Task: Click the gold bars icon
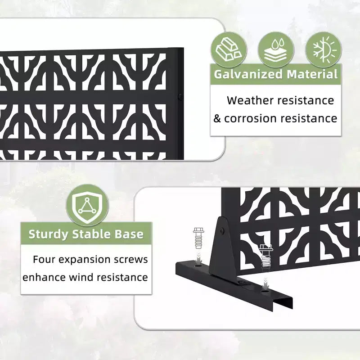coord(229,50)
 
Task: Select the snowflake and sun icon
coord(324,49)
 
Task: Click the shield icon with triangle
coord(87,206)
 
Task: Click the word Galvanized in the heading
coord(248,74)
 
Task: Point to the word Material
coord(312,74)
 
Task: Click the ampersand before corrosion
coord(217,118)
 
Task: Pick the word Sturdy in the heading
coord(48,234)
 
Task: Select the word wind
coord(81,277)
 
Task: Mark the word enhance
coord(44,277)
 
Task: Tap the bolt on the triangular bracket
coord(222,230)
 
